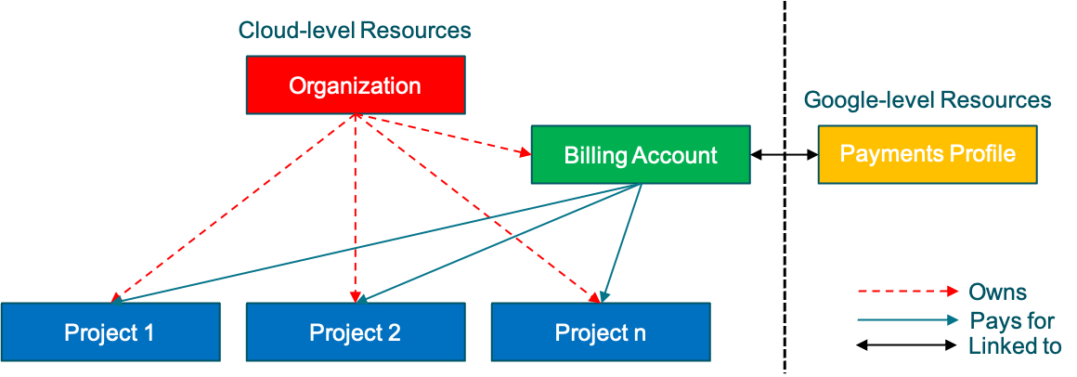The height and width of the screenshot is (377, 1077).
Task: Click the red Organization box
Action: (355, 86)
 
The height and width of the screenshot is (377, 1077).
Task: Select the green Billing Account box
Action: (640, 155)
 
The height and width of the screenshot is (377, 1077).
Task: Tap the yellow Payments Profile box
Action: (927, 154)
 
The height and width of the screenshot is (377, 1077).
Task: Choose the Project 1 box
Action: (110, 332)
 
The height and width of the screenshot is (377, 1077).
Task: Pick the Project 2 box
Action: (355, 332)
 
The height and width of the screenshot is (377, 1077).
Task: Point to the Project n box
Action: (600, 332)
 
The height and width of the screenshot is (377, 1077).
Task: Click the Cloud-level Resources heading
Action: (355, 30)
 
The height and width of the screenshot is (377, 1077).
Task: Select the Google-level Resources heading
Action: (927, 100)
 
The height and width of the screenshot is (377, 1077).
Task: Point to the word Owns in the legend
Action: (997, 292)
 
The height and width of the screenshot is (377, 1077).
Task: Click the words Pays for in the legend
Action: (1011, 321)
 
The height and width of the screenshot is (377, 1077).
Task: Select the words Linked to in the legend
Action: (1015, 346)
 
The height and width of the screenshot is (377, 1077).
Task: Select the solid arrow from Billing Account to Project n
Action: (622, 241)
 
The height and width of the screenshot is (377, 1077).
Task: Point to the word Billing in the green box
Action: (596, 155)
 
